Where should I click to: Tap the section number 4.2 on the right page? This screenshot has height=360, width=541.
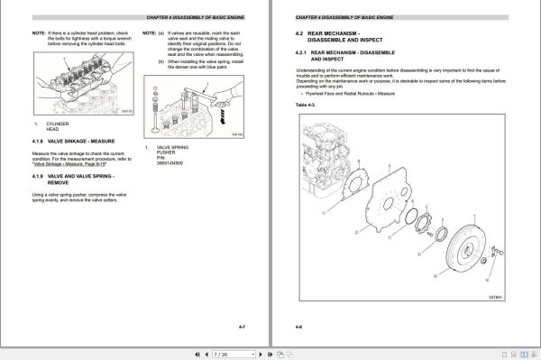[300, 34]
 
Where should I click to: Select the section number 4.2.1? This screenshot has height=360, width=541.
[304, 54]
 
